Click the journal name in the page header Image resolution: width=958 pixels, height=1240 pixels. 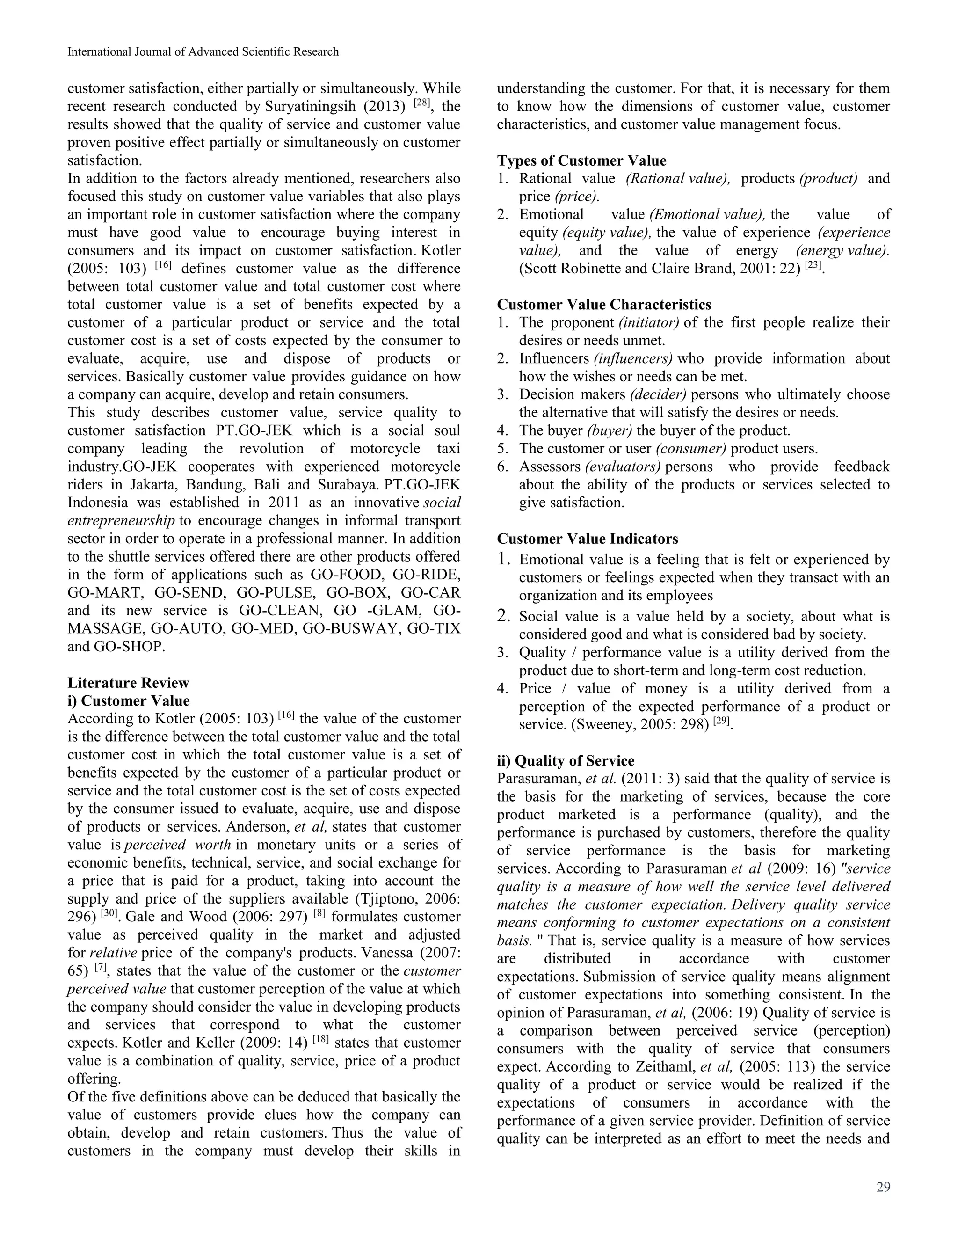(x=203, y=51)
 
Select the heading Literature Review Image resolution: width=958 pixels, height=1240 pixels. (x=128, y=682)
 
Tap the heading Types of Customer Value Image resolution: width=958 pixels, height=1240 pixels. (x=582, y=160)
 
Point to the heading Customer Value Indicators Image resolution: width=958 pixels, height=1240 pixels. (x=588, y=538)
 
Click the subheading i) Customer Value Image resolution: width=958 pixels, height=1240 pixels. (x=128, y=700)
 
